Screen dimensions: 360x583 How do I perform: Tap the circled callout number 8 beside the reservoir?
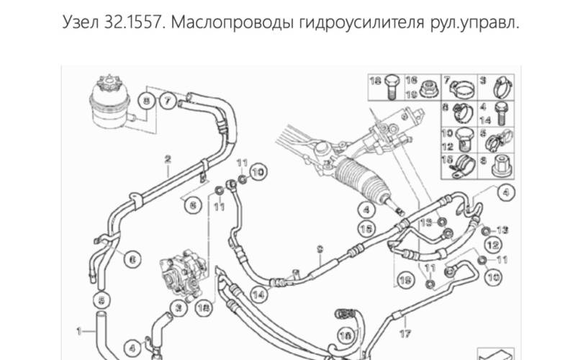click(x=148, y=102)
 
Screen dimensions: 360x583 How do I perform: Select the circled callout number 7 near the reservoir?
click(x=167, y=102)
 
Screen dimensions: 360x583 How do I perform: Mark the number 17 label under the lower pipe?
click(x=405, y=333)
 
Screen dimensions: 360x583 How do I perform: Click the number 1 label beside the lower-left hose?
click(x=78, y=331)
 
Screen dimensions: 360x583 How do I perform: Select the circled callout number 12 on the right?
click(x=493, y=246)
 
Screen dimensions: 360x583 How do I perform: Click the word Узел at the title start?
click(x=83, y=23)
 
